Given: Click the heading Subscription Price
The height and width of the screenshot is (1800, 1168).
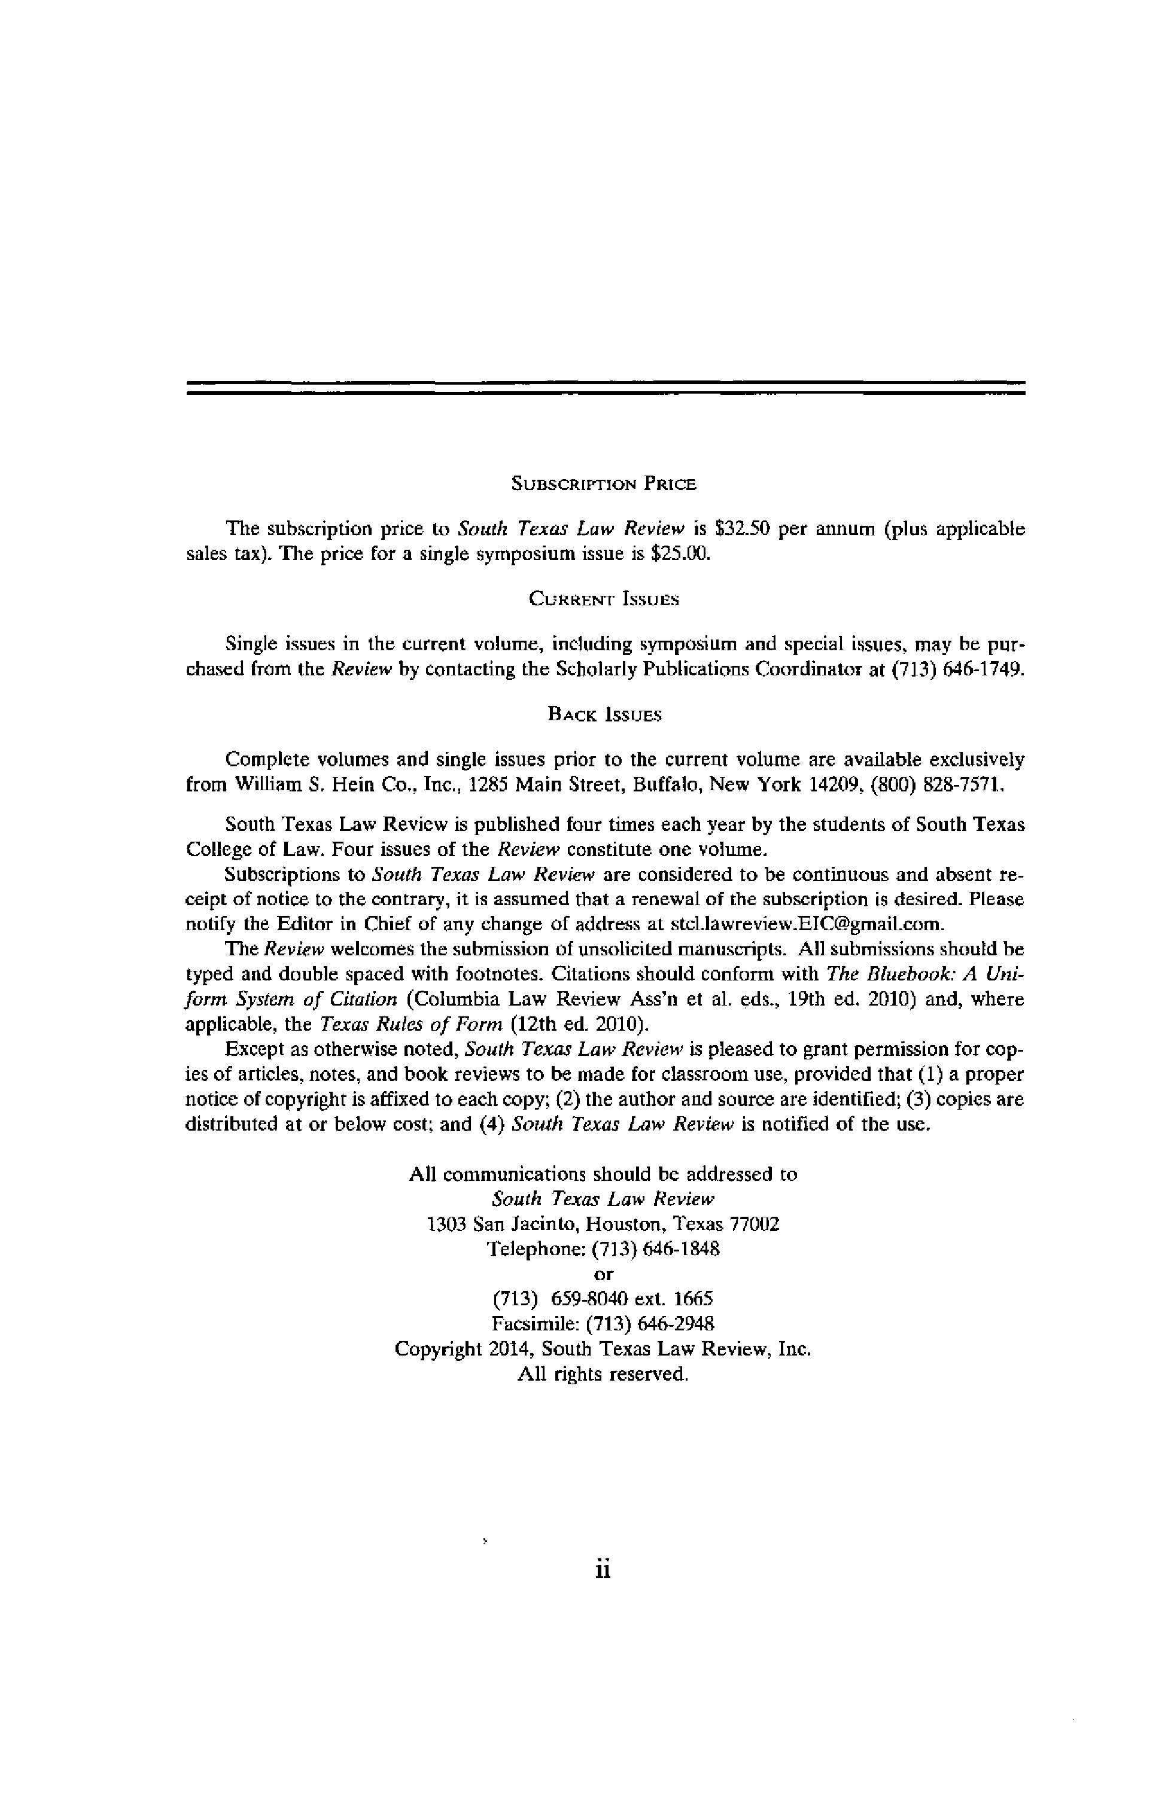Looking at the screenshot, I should tap(603, 484).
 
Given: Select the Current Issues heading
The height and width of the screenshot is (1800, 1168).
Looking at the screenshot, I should tap(603, 600).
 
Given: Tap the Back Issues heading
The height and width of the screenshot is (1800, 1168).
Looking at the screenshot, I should tap(604, 715).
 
